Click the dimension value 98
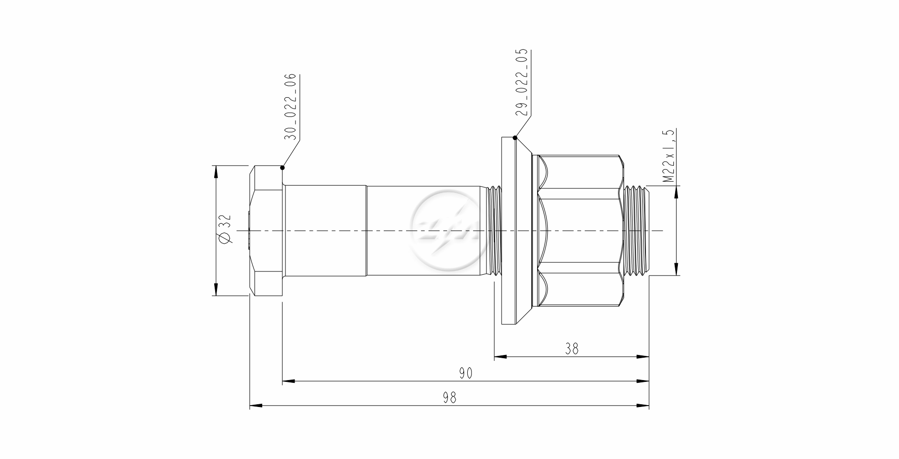[449, 397]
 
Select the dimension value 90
[465, 373]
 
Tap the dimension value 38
[571, 349]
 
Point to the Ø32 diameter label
[225, 230]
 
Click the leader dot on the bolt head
[282, 167]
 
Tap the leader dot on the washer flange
[515, 137]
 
